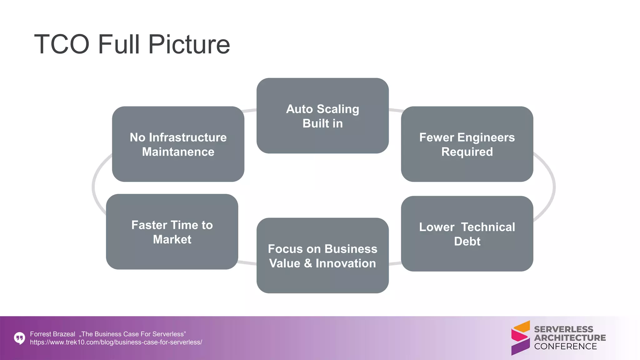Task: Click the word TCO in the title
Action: tap(62, 44)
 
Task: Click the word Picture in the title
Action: tap(189, 44)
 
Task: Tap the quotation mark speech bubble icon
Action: tap(19, 338)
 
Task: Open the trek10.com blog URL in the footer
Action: tap(116, 342)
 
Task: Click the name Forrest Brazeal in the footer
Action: tap(52, 334)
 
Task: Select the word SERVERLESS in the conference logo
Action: tap(563, 329)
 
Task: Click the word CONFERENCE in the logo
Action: tap(565, 346)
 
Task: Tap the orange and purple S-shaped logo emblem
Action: tap(520, 338)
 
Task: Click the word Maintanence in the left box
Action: tap(178, 152)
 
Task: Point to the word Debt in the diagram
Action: tap(467, 241)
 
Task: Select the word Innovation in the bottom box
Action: tap(346, 263)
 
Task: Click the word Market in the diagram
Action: tap(172, 239)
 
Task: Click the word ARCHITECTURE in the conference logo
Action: tap(570, 338)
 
